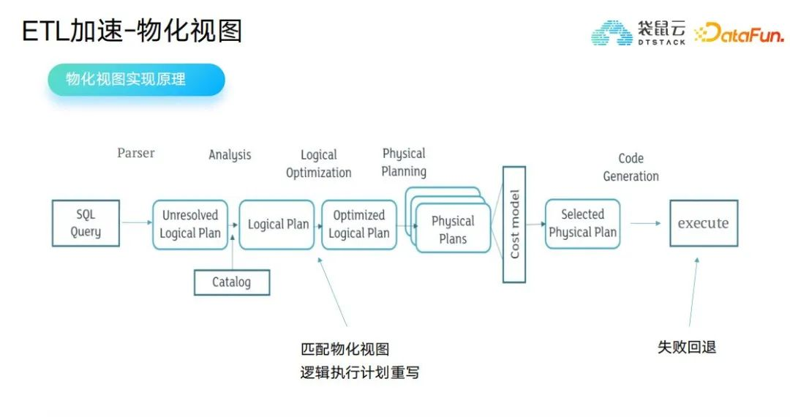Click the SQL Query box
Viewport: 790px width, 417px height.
point(86,223)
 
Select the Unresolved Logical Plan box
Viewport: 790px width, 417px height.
point(190,225)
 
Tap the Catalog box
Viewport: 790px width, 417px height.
point(231,282)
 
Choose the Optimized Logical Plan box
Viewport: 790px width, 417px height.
point(358,225)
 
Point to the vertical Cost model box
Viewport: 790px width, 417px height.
point(514,225)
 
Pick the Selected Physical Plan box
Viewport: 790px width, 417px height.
point(582,223)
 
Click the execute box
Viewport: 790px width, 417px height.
point(703,223)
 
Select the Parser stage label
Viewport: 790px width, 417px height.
point(136,153)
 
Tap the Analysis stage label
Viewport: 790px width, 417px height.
point(230,154)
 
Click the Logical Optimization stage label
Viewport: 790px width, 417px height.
point(318,164)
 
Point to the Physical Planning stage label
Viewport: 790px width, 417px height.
point(404,162)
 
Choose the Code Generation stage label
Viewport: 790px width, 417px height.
point(631,167)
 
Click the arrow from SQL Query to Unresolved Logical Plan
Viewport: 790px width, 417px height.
point(135,223)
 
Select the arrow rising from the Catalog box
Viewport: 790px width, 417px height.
point(232,252)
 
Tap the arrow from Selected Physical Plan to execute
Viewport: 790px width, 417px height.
point(644,223)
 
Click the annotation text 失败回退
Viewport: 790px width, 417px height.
point(686,347)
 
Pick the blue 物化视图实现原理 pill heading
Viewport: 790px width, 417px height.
point(136,80)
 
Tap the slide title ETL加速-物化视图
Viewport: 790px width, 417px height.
point(132,31)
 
